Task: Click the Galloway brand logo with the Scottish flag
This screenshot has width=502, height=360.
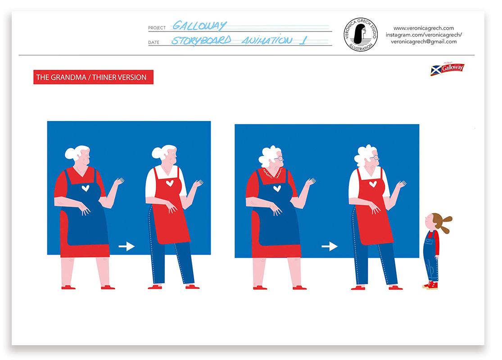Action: click(447, 68)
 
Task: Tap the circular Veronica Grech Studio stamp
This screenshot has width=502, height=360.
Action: click(361, 35)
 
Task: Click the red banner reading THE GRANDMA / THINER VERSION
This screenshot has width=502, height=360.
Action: click(93, 77)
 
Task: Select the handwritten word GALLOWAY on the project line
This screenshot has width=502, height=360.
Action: click(199, 26)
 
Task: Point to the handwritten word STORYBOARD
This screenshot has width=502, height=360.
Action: click(201, 40)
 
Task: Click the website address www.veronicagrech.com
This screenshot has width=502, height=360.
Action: click(424, 28)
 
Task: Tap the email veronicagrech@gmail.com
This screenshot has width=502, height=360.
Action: click(424, 41)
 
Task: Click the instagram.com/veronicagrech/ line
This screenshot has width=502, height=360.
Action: click(424, 35)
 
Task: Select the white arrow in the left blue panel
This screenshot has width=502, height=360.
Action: click(127, 247)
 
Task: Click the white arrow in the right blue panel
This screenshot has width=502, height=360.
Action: click(330, 247)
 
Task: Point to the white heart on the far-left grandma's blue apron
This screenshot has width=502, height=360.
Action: click(86, 188)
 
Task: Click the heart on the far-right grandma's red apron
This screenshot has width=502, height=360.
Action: click(373, 184)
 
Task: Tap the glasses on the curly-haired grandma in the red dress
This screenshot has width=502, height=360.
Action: click(279, 158)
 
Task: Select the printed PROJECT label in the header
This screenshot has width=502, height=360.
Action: click(157, 28)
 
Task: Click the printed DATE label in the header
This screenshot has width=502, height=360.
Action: click(154, 42)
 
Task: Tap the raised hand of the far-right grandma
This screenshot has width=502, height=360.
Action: click(401, 184)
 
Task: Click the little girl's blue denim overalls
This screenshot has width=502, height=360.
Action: click(430, 256)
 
